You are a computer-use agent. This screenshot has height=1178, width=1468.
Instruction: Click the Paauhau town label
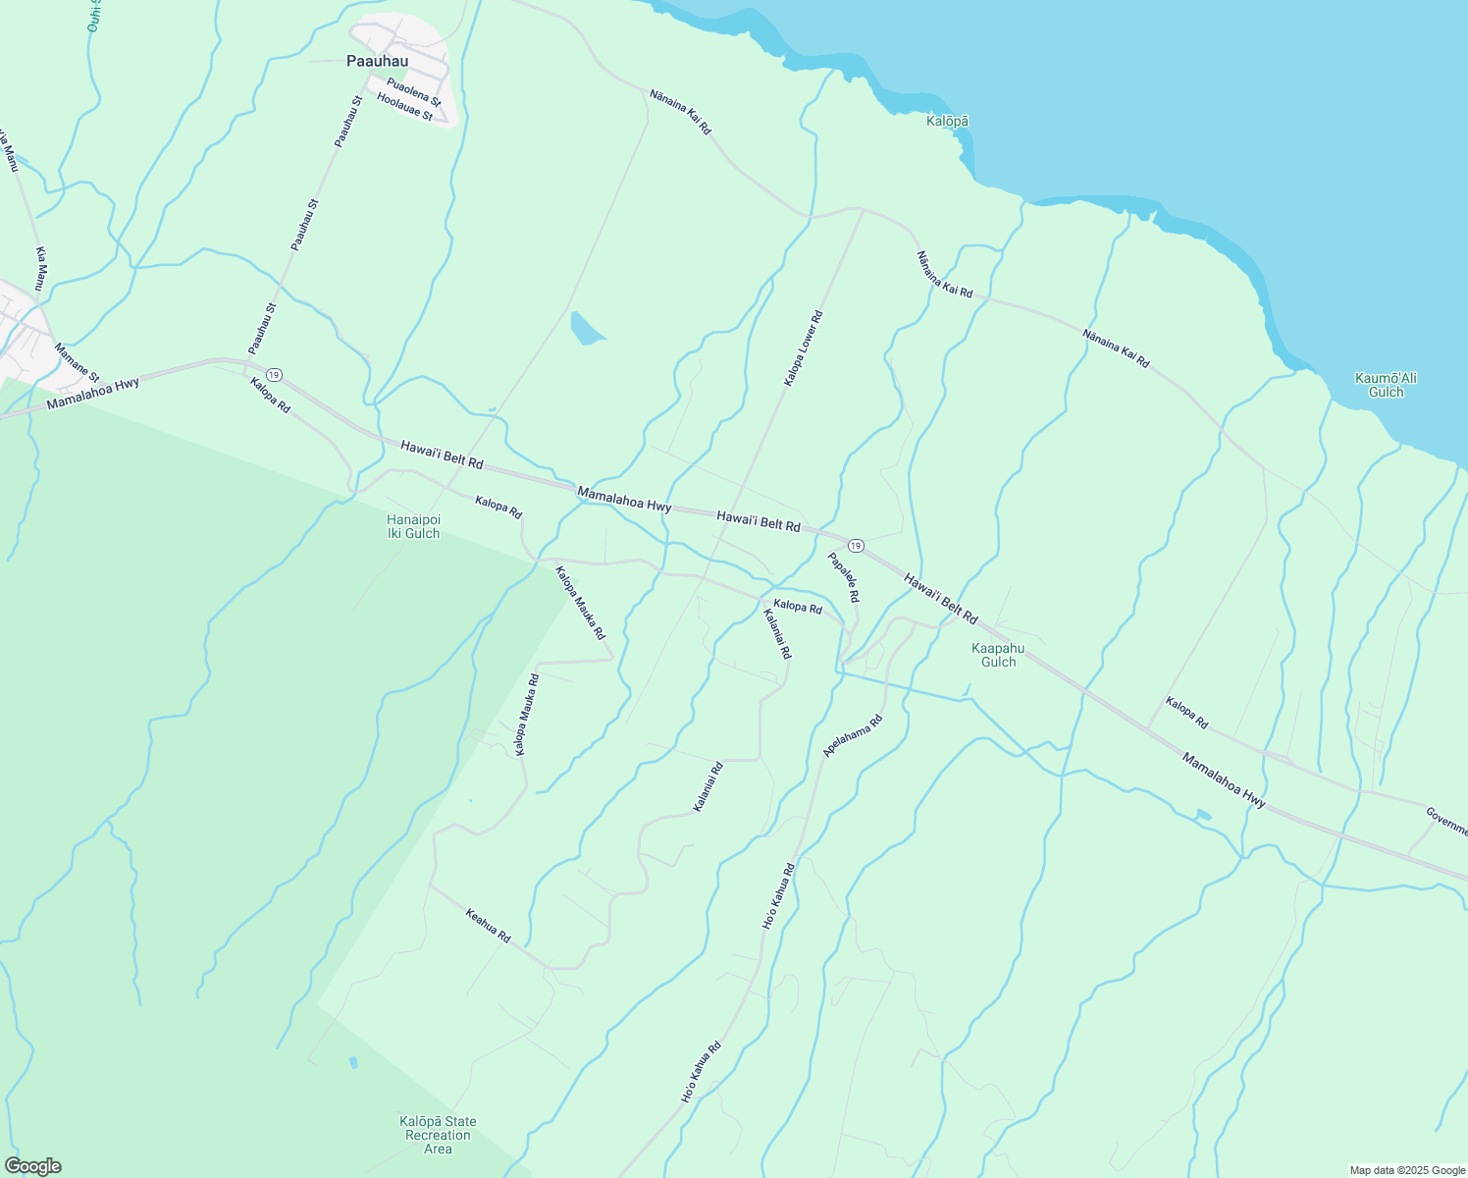[377, 61]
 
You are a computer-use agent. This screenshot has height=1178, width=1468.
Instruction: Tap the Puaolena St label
[413, 91]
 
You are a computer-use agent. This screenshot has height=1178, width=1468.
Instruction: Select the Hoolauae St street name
[404, 107]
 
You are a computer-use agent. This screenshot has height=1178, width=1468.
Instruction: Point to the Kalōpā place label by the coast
[948, 121]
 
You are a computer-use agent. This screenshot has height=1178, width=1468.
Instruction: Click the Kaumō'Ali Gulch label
[1386, 385]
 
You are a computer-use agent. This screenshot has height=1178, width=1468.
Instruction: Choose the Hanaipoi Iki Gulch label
[413, 526]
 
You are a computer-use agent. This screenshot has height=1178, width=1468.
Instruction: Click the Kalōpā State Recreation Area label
[438, 1135]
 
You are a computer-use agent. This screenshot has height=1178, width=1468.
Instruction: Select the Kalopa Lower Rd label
[803, 348]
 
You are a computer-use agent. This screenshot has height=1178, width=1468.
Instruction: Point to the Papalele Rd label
[844, 577]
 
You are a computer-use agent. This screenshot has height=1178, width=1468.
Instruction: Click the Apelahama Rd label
[853, 735]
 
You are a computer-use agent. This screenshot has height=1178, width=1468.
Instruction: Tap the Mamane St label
[77, 362]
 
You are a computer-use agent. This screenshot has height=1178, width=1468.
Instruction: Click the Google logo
[32, 1166]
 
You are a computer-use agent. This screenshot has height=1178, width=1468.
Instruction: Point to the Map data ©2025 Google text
[1406, 1170]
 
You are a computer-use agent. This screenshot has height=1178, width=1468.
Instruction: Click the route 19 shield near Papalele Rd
[856, 545]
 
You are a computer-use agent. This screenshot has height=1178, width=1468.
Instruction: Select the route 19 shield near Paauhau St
[275, 374]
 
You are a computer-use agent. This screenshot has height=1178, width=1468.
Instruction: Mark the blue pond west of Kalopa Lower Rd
[586, 328]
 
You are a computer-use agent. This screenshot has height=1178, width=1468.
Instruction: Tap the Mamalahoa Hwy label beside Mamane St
[93, 393]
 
